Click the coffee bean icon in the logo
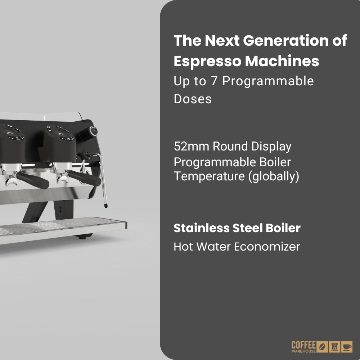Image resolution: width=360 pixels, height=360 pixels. (323, 346)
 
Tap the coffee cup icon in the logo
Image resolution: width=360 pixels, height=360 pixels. (347, 346)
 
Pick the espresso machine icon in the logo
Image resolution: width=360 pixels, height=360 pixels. (335, 346)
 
